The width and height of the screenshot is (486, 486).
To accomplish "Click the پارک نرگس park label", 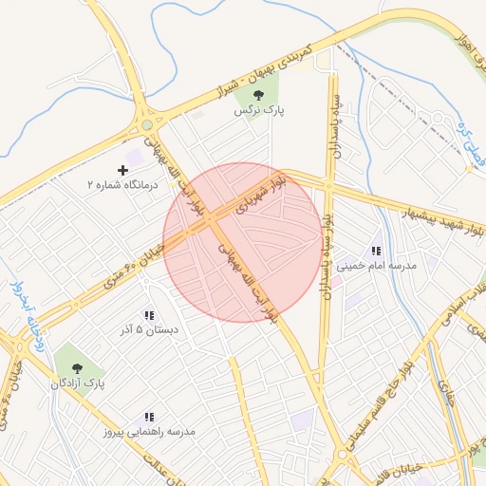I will (260, 110).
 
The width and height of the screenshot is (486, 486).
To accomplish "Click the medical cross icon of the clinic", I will (122, 168).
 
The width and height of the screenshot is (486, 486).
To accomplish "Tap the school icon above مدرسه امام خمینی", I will (377, 252).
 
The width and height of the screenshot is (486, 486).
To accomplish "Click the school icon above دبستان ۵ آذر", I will (149, 314).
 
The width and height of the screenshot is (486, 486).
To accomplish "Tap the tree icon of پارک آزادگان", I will (77, 368).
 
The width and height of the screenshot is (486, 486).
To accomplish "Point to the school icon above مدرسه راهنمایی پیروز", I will (149, 417).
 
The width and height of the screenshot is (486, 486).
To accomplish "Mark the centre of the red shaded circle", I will (242, 242).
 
